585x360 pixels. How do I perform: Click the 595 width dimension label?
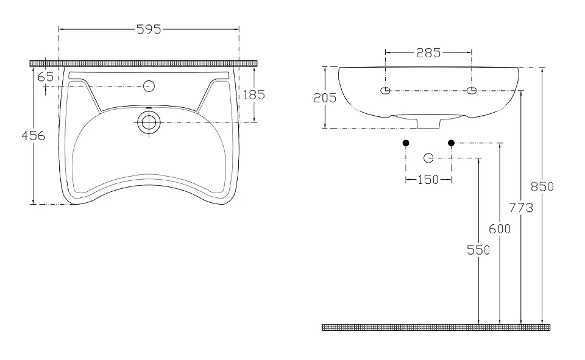coord(149,29)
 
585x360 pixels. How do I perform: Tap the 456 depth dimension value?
coord(33,135)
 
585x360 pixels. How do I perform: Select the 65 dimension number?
coord(46,77)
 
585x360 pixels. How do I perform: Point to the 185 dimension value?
coord(253,95)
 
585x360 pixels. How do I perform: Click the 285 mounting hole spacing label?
coord(428,52)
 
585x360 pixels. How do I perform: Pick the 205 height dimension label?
coord(325,97)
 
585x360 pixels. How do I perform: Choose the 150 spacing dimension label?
coord(428,180)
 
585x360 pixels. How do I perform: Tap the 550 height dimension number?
coord(478,250)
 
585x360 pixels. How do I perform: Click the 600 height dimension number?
coord(500,228)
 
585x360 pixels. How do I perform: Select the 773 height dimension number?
coord(521,208)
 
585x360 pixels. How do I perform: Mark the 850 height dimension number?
coord(542,186)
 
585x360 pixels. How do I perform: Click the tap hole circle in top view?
coord(149,86)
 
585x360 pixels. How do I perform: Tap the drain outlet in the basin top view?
coord(149,122)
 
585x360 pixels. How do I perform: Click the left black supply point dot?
coord(406,143)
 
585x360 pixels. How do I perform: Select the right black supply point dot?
coord(451,143)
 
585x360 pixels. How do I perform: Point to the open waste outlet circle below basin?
coord(428,158)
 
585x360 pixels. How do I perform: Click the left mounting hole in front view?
coord(385,90)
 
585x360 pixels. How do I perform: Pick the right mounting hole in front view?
coord(472,90)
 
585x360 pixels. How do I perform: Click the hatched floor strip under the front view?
coord(436,328)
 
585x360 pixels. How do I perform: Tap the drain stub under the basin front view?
coord(428,124)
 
